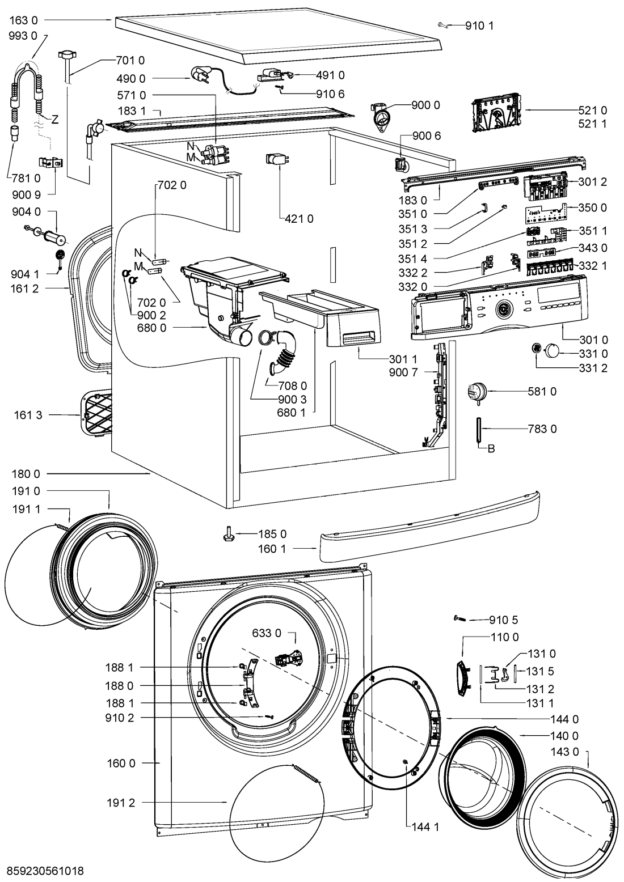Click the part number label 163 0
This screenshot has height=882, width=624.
(x=23, y=20)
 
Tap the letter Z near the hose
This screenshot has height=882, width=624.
(x=55, y=120)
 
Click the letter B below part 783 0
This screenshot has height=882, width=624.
(x=492, y=450)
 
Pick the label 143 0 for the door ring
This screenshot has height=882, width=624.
(x=564, y=752)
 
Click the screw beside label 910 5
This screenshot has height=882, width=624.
(x=460, y=620)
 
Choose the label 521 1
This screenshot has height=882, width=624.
(x=593, y=124)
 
